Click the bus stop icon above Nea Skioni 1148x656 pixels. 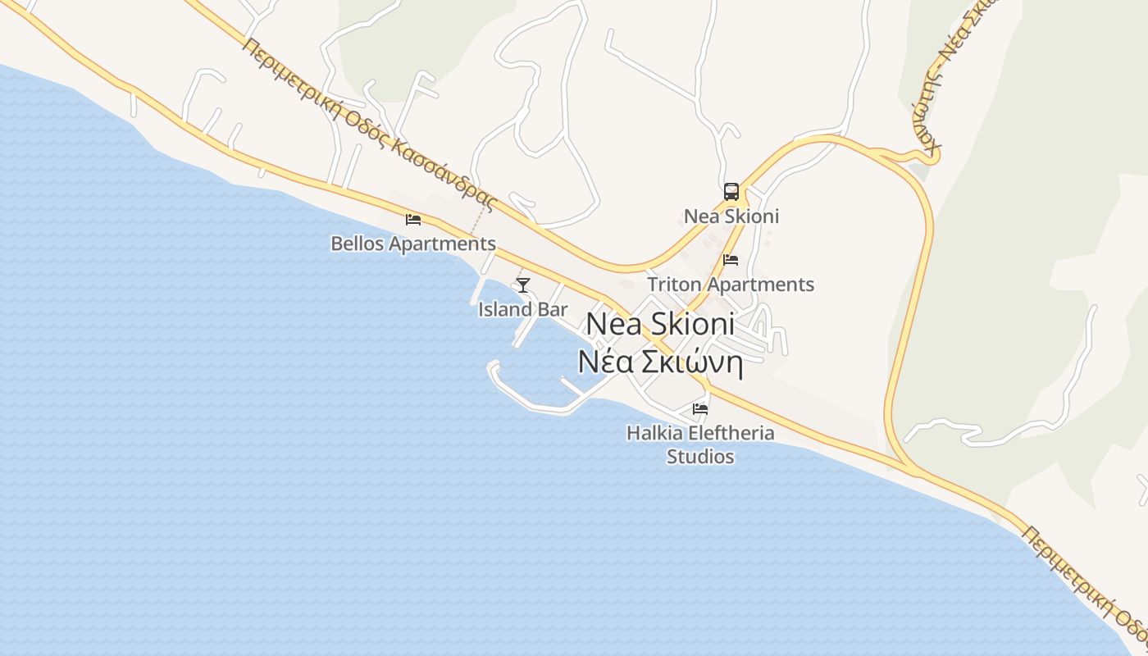coord(731,192)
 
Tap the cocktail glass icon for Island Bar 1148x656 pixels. coord(523,285)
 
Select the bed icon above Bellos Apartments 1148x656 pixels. coord(413,220)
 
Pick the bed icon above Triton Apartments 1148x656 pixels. coord(731,260)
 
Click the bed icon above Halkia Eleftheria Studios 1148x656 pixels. coord(700,408)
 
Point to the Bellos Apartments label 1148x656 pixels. coord(413,244)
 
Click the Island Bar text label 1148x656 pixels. coord(523,310)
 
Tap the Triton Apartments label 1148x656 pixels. coord(731,285)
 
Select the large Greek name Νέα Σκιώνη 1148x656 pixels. coord(661,362)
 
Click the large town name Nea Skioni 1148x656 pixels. coord(660,324)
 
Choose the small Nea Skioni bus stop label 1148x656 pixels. coord(731,216)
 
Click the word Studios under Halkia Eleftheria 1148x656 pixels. coord(700,457)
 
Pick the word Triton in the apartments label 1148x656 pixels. coord(674,285)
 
